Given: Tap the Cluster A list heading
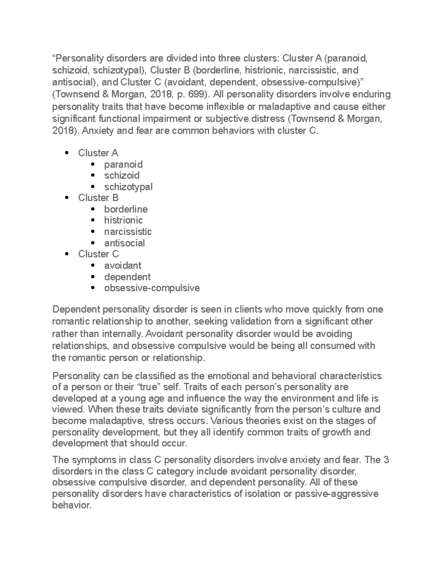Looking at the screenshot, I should [98, 153].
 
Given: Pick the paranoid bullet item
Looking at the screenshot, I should [123, 164].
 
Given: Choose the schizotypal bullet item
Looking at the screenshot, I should [128, 187].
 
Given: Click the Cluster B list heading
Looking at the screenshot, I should [98, 198].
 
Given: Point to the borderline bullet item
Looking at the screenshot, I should [126, 209].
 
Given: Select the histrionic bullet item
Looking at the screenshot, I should [123, 220].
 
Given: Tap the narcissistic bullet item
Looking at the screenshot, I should [128, 232].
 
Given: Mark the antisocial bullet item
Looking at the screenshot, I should [124, 243].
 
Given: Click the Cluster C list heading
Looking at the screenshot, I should [98, 254].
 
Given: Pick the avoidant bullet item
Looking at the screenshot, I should [123, 266].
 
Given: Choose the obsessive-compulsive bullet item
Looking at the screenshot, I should [152, 288].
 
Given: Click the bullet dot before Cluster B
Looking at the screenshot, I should [67, 198].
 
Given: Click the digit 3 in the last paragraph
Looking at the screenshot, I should [387, 460].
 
